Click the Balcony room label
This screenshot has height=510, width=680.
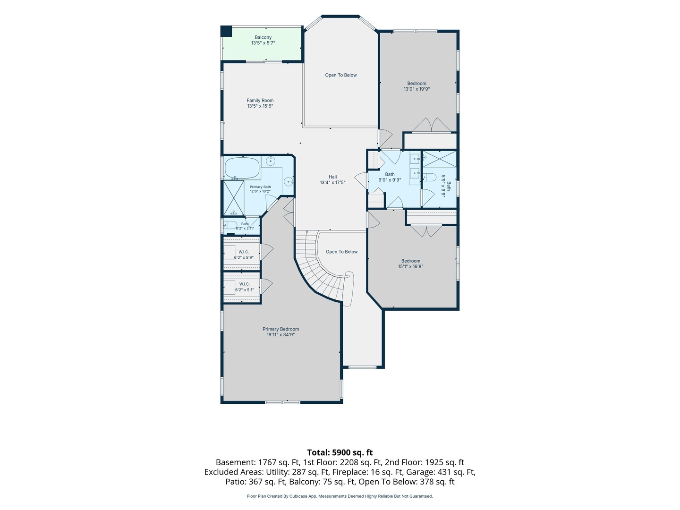pyautogui.click(x=263, y=40)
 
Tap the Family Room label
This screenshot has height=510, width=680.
pyautogui.click(x=260, y=103)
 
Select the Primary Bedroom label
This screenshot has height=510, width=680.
pyautogui.click(x=280, y=331)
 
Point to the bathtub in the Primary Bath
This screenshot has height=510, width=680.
pyautogui.click(x=242, y=168)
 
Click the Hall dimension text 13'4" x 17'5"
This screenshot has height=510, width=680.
pyautogui.click(x=333, y=183)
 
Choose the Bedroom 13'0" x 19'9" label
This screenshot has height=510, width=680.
pyautogui.click(x=416, y=86)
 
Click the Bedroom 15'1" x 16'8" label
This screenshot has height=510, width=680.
pyautogui.click(x=411, y=263)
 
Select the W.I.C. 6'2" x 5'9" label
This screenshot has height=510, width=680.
pyautogui.click(x=244, y=255)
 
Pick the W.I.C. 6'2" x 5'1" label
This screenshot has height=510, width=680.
pyautogui.click(x=244, y=287)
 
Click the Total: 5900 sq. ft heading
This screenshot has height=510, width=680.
pyautogui.click(x=340, y=452)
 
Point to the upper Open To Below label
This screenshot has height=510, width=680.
pyautogui.click(x=341, y=75)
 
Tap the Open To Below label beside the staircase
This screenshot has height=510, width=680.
pyautogui.click(x=342, y=252)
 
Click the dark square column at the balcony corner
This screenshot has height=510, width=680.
pyautogui.click(x=226, y=31)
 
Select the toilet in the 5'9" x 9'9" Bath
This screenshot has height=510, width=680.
pyautogui.click(x=429, y=177)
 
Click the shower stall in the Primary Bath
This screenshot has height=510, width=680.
pyautogui.click(x=234, y=198)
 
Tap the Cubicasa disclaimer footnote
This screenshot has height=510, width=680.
pyautogui.click(x=340, y=496)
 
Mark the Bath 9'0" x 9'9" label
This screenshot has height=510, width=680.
pyautogui.click(x=390, y=177)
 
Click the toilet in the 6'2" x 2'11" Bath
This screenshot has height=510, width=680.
pyautogui.click(x=231, y=225)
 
